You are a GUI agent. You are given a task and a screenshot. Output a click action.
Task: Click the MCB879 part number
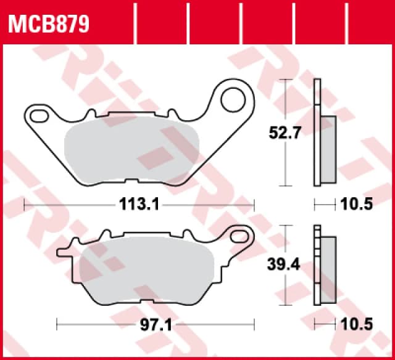[49, 25]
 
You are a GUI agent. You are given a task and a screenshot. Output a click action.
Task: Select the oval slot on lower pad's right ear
[238, 234]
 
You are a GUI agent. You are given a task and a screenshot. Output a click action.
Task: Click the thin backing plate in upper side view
[317, 132]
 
